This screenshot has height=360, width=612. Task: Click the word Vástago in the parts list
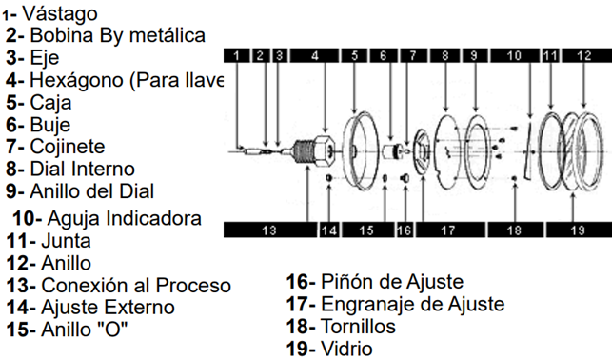pyautogui.click(x=61, y=13)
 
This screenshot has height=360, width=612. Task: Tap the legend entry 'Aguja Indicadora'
pyautogui.click(x=124, y=218)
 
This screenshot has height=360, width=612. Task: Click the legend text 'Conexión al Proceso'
pyautogui.click(x=135, y=285)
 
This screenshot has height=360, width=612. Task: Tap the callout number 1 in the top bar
pyautogui.click(x=236, y=56)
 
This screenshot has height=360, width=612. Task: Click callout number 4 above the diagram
pyautogui.click(x=314, y=56)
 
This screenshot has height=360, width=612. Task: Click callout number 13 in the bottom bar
pyautogui.click(x=269, y=230)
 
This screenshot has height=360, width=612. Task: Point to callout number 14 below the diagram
pyautogui.click(x=329, y=230)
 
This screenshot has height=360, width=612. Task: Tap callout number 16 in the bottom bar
pyautogui.click(x=404, y=230)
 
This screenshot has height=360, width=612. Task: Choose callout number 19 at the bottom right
pyautogui.click(x=576, y=230)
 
